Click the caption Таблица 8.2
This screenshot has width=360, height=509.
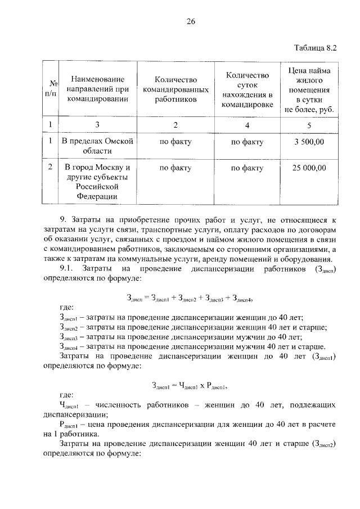pyautogui.click(x=315, y=48)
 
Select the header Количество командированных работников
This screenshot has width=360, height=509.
pyautogui.click(x=177, y=90)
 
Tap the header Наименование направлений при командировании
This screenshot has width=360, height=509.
pyautogui.click(x=98, y=90)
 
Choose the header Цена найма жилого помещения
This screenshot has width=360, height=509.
pyautogui.click(x=309, y=90)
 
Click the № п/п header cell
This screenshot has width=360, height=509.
pyautogui.click(x=50, y=90)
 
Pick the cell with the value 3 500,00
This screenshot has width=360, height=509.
pyautogui.click(x=309, y=142)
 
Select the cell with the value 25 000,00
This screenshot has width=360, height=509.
pyautogui.click(x=309, y=168)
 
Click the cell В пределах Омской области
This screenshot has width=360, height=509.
pyautogui.click(x=98, y=147)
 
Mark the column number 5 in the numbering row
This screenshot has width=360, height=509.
pyautogui.click(x=309, y=124)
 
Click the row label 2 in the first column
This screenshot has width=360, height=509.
pyautogui.click(x=50, y=168)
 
